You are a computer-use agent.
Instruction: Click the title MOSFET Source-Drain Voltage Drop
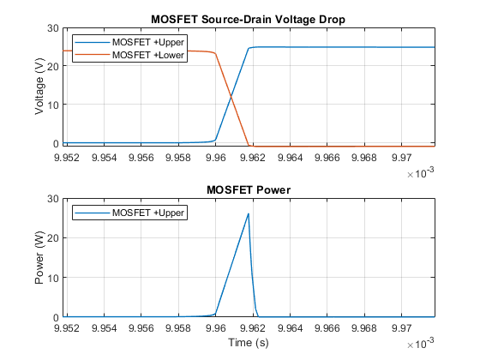249,19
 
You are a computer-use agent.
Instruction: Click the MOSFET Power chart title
249,189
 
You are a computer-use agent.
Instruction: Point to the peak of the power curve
249,213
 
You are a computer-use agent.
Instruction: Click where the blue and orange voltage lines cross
231,96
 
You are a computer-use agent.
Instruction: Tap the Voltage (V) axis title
39,87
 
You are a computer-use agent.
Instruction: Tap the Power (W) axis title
39,257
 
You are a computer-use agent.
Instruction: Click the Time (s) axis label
249,342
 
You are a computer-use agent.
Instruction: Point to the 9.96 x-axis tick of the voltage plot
215,158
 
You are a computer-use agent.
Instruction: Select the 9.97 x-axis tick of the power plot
401,328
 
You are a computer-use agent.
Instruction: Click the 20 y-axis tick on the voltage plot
53,66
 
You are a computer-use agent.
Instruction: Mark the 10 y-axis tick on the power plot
53,278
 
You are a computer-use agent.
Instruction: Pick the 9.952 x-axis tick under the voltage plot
67,158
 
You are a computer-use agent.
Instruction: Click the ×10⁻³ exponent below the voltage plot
421,172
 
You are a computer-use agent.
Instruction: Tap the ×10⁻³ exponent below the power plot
421,343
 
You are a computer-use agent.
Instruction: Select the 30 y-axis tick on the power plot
53,199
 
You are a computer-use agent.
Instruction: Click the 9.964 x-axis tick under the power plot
290,328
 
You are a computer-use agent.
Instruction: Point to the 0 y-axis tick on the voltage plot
56,143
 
